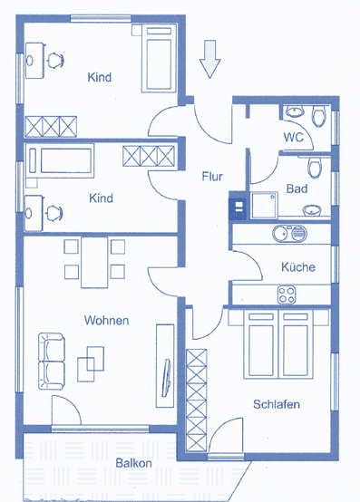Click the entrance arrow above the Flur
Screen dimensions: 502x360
pos(209,59)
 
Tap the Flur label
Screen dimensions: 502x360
pos(212,177)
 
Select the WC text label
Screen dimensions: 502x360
pos(293,137)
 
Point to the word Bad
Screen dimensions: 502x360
pos(296,188)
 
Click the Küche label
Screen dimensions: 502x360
pos(298,267)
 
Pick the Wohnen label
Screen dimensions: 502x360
pos(106,321)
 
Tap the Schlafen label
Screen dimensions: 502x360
pos(277,404)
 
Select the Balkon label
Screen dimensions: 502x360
pos(133,463)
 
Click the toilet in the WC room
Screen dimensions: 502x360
pos(317,116)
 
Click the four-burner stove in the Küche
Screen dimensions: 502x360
pos(288,294)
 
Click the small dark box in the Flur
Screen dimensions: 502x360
pos(238,207)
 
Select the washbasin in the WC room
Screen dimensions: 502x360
pos(294,113)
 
